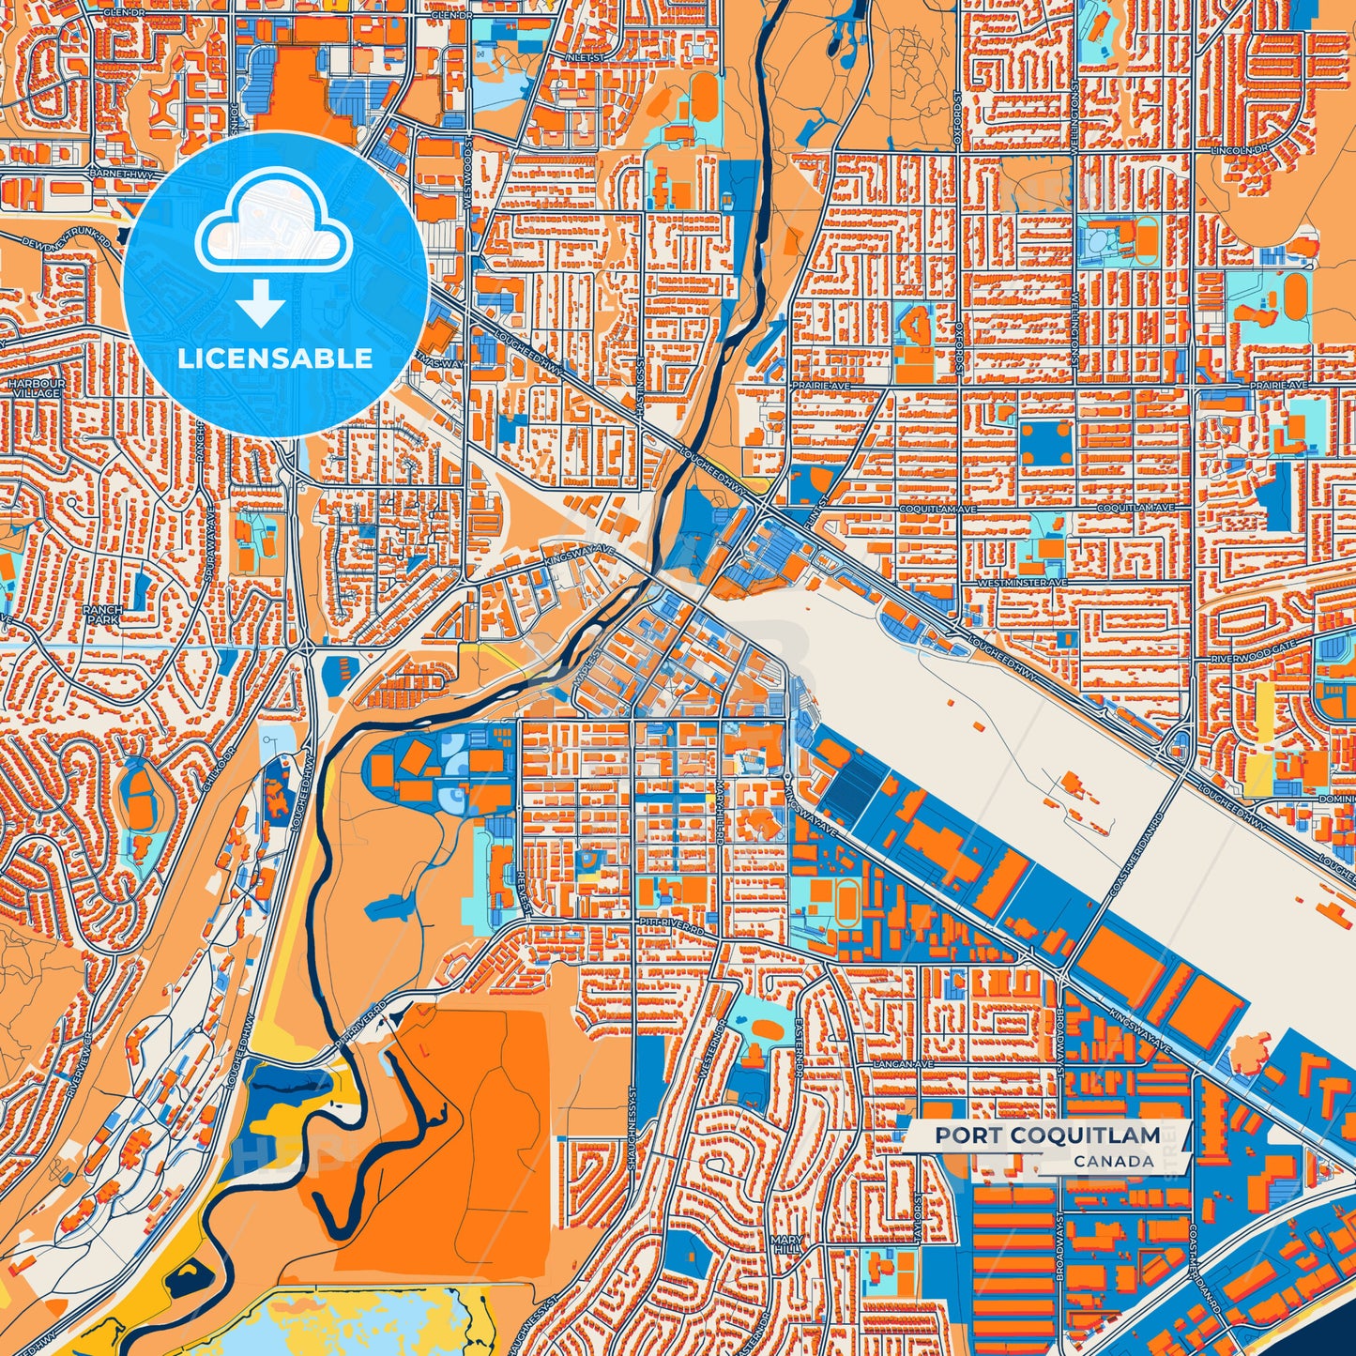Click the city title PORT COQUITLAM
coord(1046,1135)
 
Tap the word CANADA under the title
coord(1114,1161)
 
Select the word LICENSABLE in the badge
coord(275,358)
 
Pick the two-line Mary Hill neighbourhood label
coord(786,1244)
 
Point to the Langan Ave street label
coord(904,1065)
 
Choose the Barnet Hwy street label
coord(121,174)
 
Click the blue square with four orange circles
coord(1046,442)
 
